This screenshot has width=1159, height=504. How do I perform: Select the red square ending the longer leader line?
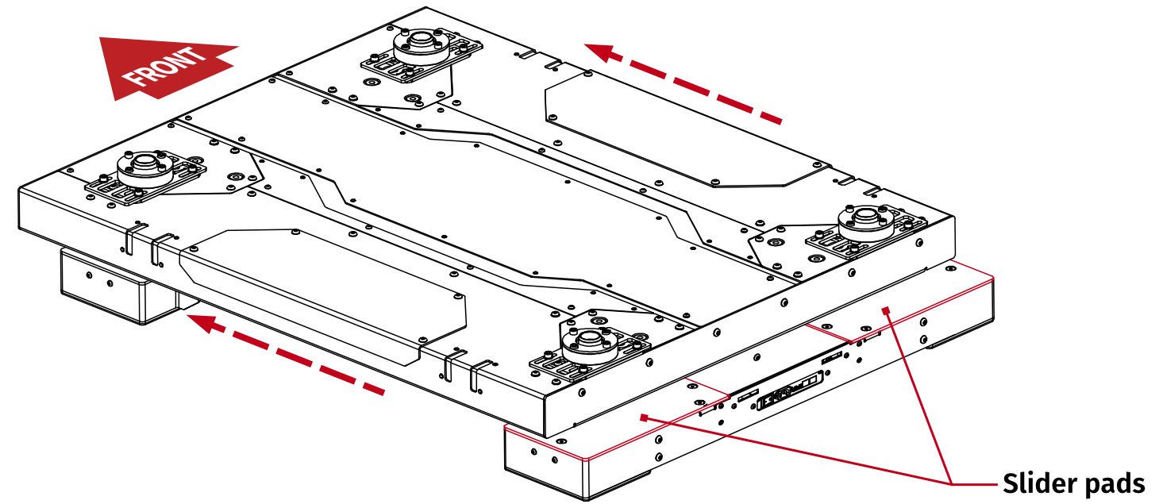(x=644, y=416)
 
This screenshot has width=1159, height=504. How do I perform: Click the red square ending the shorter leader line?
(x=887, y=309)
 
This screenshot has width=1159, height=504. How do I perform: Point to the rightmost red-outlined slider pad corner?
(x=992, y=278)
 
